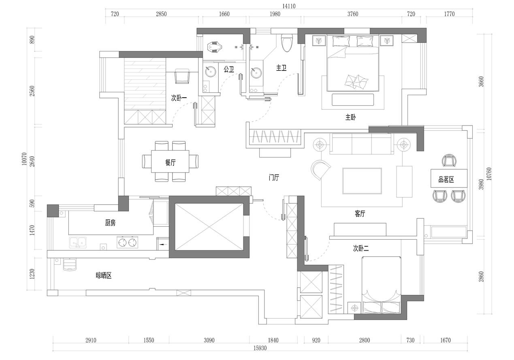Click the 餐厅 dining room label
tap(170, 163)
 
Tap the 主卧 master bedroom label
tap(350, 117)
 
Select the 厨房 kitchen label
tap(110, 223)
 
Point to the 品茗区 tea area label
tap(446, 179)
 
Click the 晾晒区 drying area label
tap(103, 275)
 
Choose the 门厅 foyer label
tap(274, 177)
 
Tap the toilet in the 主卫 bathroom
tap(287, 43)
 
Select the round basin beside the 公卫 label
tap(210, 72)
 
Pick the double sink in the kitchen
tap(78, 243)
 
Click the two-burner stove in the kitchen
tap(127, 242)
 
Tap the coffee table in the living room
tap(362, 181)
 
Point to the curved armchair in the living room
tap(320, 170)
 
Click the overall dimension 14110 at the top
tap(289, 6)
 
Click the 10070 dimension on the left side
tap(24, 159)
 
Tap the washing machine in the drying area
tap(70, 264)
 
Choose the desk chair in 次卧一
tap(182, 76)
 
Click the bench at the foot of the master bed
tap(353, 100)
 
